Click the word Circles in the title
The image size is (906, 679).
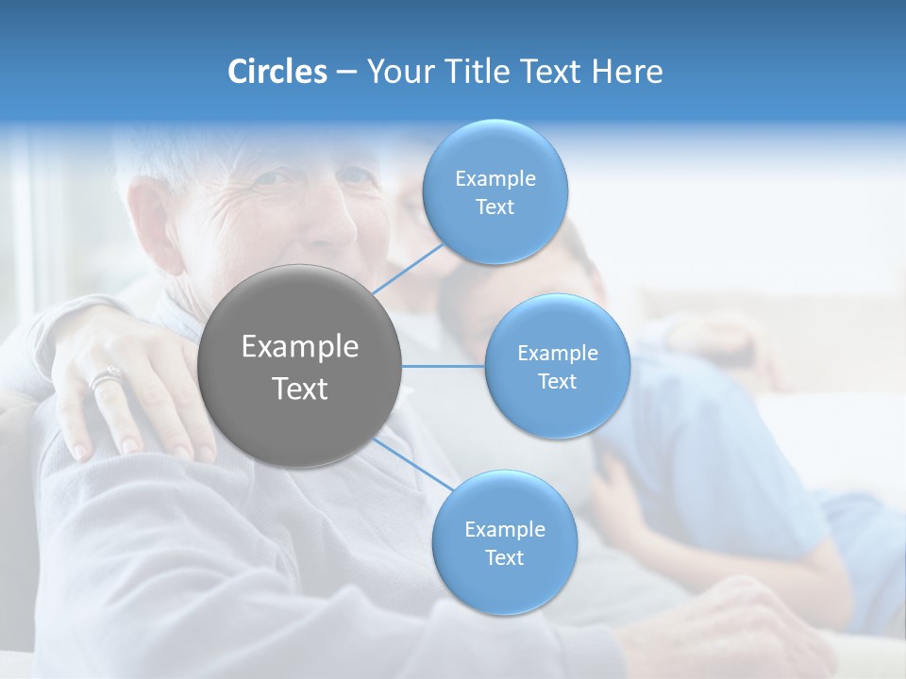(x=277, y=72)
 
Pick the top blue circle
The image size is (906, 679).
(x=495, y=236)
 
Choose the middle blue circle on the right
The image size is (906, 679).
(x=557, y=406)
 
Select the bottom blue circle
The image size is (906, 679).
(x=504, y=585)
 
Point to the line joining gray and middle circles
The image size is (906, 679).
(x=444, y=366)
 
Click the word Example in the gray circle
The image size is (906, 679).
(x=300, y=347)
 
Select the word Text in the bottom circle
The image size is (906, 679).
(x=504, y=557)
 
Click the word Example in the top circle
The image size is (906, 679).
(x=495, y=179)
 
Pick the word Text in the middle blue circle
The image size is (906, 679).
(x=557, y=381)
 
